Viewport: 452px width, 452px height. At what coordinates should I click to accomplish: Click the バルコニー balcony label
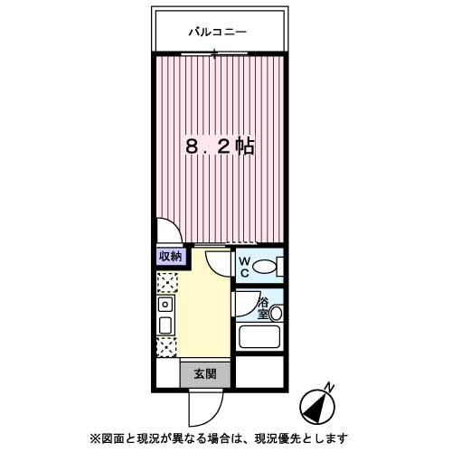tap(217, 33)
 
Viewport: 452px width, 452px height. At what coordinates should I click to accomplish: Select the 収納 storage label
tap(170, 257)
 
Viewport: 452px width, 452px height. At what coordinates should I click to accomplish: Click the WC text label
tap(243, 266)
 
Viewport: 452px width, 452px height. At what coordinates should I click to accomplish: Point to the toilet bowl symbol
tap(265, 267)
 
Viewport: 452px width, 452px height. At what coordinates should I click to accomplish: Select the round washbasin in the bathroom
tap(276, 314)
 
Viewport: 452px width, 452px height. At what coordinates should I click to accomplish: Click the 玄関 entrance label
tap(202, 373)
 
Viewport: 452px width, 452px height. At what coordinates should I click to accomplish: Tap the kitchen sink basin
tap(165, 325)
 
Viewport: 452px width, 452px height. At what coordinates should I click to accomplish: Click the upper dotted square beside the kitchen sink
tap(165, 283)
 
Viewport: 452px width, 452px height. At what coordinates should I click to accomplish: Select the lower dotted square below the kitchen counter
tap(165, 346)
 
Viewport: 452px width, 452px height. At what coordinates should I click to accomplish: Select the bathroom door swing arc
tap(242, 303)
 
